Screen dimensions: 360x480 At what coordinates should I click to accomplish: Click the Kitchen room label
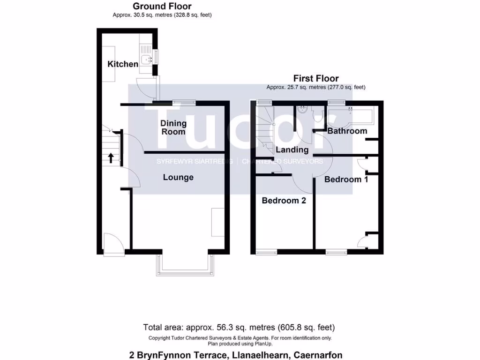point(123,64)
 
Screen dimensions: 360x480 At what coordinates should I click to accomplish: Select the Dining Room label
point(173,127)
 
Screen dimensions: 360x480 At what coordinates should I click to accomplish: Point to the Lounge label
point(178,177)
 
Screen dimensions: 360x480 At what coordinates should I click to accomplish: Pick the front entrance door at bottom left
point(114,244)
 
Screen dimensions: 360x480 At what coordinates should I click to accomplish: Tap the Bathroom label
point(347,131)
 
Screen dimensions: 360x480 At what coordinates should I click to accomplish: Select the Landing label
point(292,150)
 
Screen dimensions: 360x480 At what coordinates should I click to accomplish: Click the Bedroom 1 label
point(346,179)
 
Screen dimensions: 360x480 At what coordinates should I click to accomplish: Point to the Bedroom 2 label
point(284,201)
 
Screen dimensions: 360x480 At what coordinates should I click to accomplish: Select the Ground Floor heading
point(162,6)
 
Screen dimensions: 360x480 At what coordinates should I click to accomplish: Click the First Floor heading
point(316,78)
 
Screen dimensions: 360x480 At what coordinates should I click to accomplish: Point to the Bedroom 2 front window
point(267,252)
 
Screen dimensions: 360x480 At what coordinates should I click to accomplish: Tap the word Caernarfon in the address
point(318,355)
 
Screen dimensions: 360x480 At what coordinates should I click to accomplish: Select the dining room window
point(183,103)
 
